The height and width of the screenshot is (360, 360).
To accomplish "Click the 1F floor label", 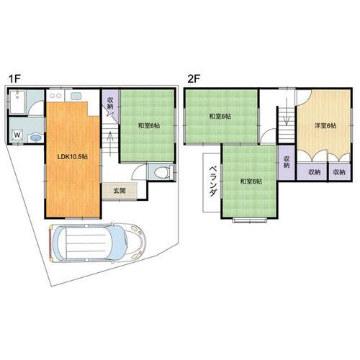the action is click(14, 78).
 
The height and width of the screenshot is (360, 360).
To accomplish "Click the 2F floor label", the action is click(194, 78).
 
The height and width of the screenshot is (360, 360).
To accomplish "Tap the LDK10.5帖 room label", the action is click(73, 157).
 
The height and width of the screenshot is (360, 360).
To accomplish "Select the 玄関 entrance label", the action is click(120, 191).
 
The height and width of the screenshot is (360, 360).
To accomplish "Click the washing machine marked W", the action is click(17, 135).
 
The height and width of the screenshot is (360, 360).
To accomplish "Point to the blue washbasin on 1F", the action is click(36, 138).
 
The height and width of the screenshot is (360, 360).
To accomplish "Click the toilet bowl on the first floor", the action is click(161, 172).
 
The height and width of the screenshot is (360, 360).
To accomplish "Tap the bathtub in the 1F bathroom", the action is click(17, 102).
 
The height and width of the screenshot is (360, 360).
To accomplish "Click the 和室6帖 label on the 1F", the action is click(148, 125).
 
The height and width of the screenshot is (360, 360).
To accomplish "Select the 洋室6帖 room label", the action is click(325, 125).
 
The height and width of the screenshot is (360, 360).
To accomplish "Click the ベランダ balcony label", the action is click(213, 181).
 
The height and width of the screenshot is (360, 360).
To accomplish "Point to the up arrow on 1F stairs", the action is click(110, 144).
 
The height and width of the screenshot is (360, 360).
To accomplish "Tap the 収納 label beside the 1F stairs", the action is click(110, 103).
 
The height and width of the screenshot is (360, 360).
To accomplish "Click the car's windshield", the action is click(118, 243).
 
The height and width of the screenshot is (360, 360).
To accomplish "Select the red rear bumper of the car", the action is click(50, 243).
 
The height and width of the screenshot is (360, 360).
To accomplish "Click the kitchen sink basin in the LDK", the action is click(76, 96).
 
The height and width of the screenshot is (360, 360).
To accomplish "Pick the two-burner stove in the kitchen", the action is click(55, 96).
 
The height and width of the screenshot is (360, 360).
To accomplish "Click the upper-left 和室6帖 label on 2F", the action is click(220, 117).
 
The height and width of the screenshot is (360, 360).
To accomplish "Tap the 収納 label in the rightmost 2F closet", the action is click(339, 172).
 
